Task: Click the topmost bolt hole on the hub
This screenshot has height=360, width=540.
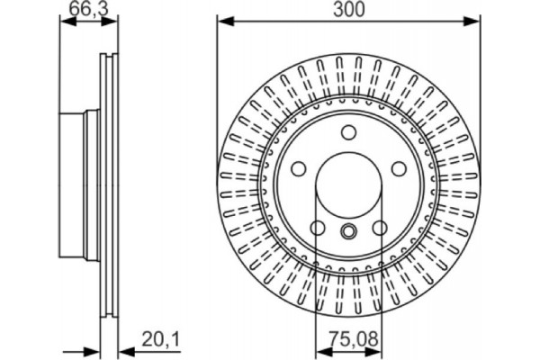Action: coord(347,133)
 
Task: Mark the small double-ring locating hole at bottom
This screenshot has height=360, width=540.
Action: coord(347,230)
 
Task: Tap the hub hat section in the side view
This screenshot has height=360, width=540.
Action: coord(76,184)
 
